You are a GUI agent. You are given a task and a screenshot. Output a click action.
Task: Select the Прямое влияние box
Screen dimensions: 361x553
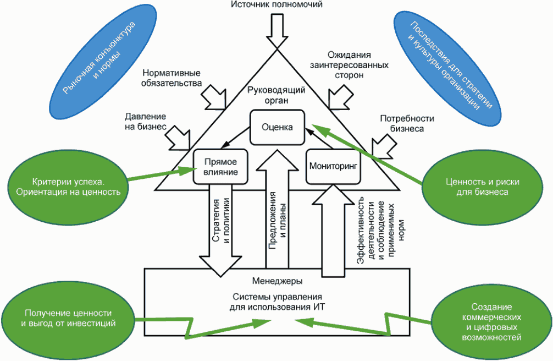(220, 167)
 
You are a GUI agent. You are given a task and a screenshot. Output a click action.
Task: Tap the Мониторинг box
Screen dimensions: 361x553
(334, 165)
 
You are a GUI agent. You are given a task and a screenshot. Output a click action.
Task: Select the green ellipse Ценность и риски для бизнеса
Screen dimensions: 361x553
(475, 186)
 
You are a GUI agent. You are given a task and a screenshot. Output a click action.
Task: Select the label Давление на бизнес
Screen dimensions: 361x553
(146, 121)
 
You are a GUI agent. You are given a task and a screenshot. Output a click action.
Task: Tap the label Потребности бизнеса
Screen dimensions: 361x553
(407, 123)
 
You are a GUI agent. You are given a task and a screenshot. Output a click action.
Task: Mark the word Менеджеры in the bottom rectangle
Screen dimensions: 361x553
(277, 281)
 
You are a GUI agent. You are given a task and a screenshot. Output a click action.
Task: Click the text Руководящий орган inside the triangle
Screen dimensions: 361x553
(276, 95)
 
